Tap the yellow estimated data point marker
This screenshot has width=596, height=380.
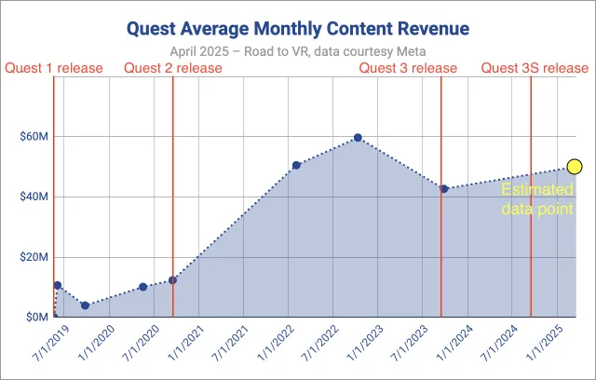[x=574, y=167]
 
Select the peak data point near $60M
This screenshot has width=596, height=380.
[x=358, y=138]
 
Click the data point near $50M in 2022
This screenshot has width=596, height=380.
[x=296, y=166]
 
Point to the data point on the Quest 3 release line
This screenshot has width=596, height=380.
[x=444, y=189]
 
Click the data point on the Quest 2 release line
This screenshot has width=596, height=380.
[x=172, y=280]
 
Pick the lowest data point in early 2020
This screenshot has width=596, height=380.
[x=85, y=305]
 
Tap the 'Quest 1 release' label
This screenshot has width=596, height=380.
[x=51, y=68]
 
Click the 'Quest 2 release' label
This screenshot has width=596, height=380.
[x=172, y=68]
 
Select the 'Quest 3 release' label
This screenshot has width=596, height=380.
[x=409, y=68]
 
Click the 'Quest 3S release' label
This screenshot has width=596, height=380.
[x=534, y=68]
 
